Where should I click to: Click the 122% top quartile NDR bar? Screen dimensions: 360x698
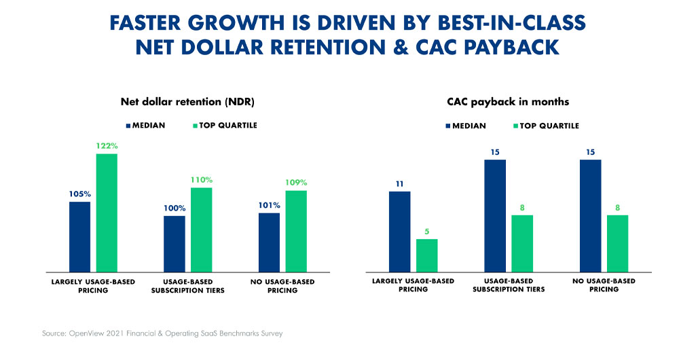coord(107,212)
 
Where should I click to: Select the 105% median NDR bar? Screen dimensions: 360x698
coord(79,236)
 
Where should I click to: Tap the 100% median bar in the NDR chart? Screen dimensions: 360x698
coord(174,242)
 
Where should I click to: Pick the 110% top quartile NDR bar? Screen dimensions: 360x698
coord(202,229)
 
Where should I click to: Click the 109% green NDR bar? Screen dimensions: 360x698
coord(296,230)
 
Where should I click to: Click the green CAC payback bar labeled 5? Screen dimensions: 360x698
coord(427,255)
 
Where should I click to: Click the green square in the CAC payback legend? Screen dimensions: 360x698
coord(515,126)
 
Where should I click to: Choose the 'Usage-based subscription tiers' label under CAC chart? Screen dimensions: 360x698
coord(509,285)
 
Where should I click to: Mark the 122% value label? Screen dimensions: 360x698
coord(107,146)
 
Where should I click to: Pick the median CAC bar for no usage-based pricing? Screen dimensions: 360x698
coord(590,215)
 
